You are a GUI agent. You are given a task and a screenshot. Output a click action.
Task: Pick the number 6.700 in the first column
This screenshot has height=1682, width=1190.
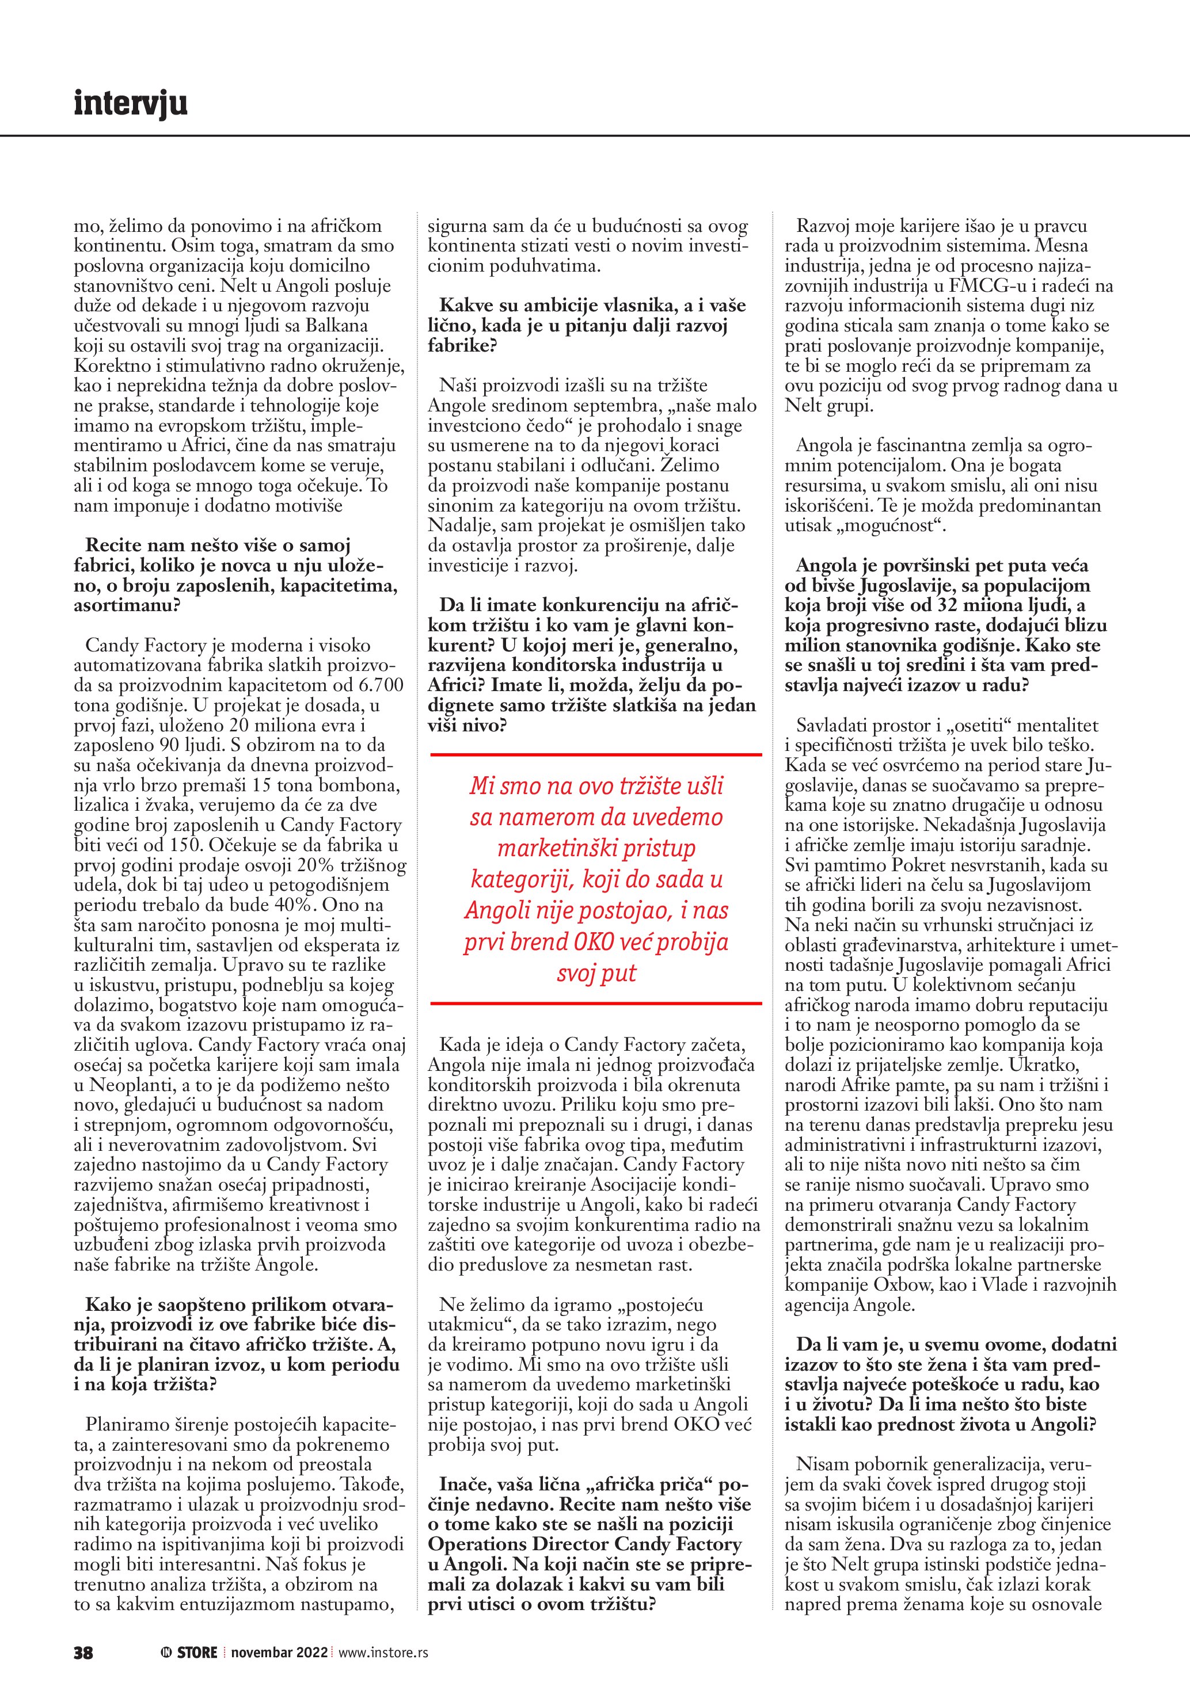377,686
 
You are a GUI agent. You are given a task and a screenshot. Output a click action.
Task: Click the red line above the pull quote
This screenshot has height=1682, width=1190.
596,754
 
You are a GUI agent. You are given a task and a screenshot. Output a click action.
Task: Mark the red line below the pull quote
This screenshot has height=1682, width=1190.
596,1003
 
